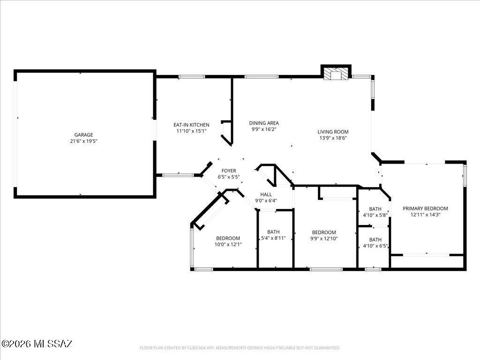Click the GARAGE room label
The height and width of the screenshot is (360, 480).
coord(83,135)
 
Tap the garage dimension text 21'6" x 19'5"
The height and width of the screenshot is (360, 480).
coord(83,141)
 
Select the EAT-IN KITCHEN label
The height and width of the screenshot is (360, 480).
coord(191,125)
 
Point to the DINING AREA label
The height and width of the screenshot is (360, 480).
coord(264,123)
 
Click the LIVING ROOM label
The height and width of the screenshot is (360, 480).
coord(333,132)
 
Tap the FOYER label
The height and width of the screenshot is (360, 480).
coord(229,171)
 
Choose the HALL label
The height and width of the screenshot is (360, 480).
coord(266,195)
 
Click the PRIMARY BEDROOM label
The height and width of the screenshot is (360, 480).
coord(425,209)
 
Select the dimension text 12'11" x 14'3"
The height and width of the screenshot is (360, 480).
coord(425,215)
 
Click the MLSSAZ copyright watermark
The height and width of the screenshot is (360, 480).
coord(37,344)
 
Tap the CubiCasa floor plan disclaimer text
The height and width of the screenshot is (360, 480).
coord(240,348)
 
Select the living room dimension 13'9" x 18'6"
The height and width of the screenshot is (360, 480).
coord(333,138)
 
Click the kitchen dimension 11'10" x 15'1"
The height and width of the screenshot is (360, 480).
coord(191,131)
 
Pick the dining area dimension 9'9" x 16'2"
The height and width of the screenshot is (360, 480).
coord(264,129)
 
